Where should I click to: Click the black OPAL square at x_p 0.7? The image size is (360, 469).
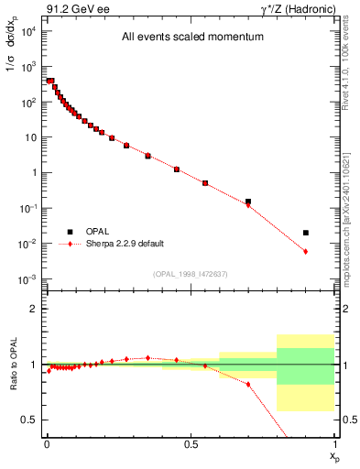[x=248, y=202]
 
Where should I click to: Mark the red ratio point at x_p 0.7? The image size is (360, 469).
[x=248, y=384]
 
